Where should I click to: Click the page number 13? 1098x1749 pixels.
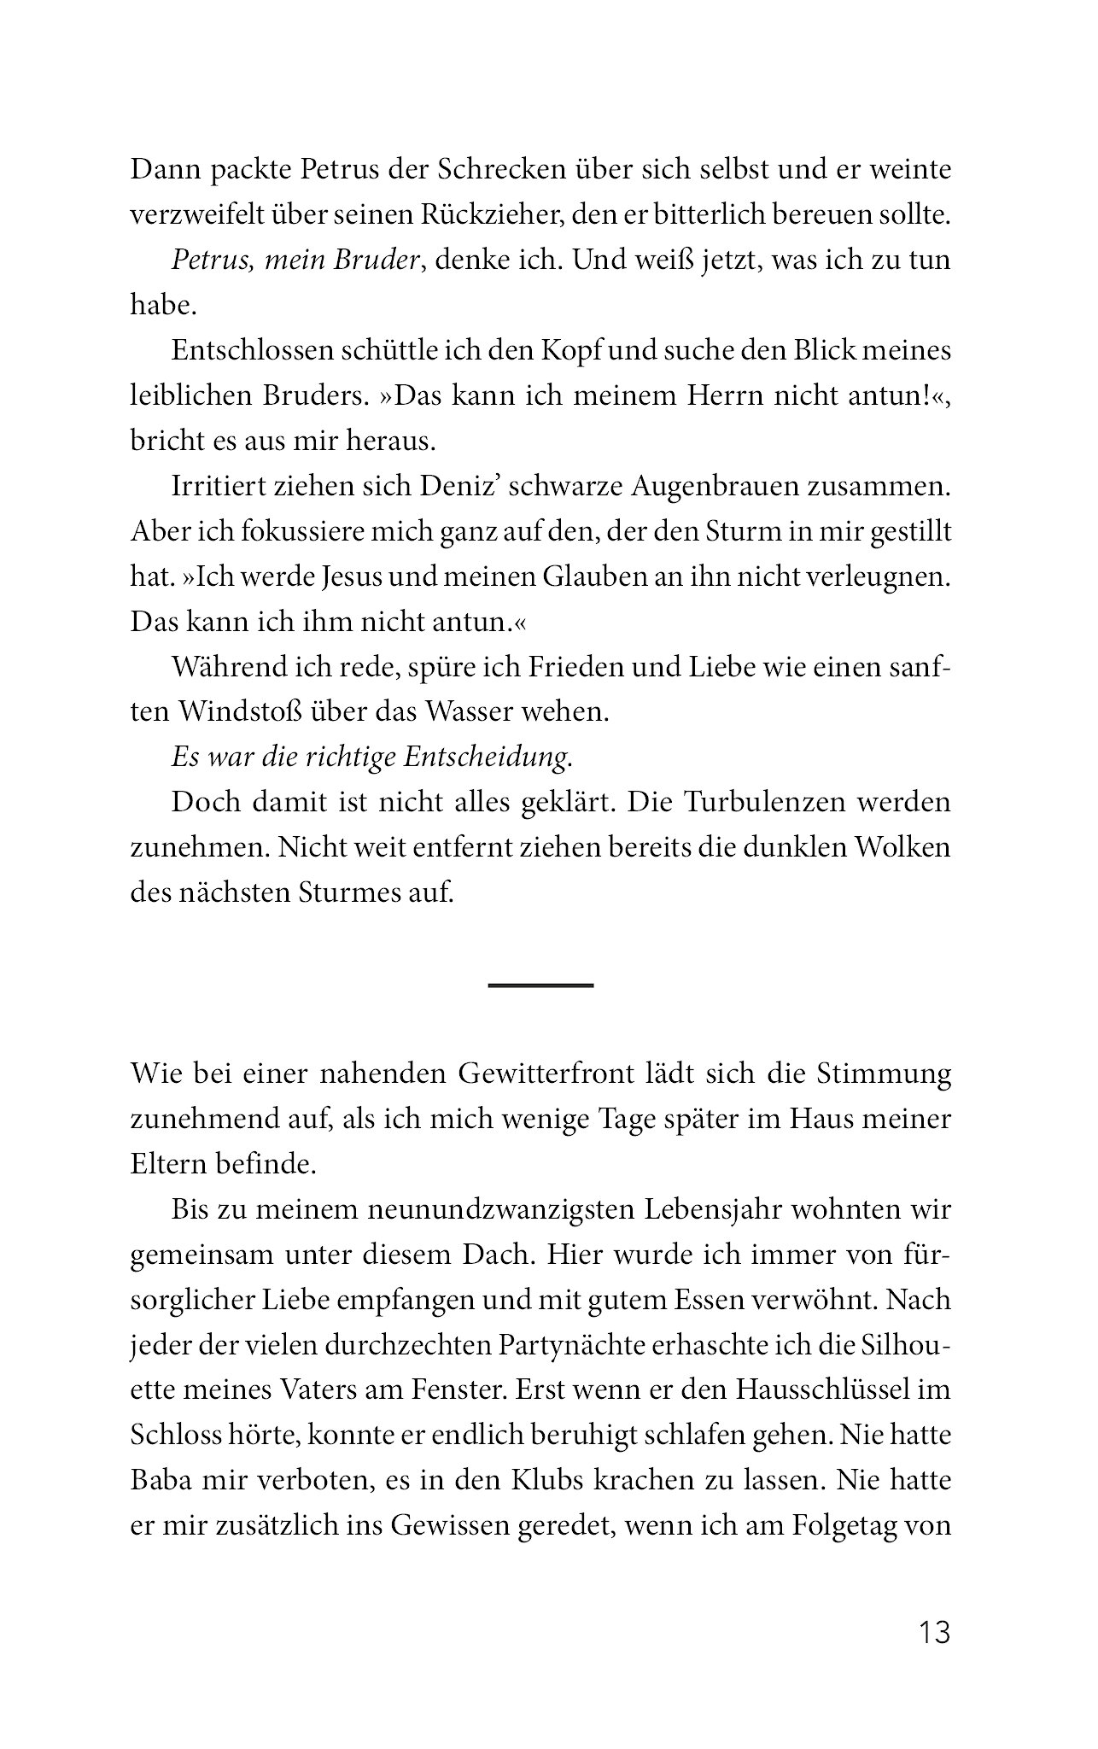[x=934, y=1633]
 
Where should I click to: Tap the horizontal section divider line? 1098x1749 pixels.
[x=540, y=986]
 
